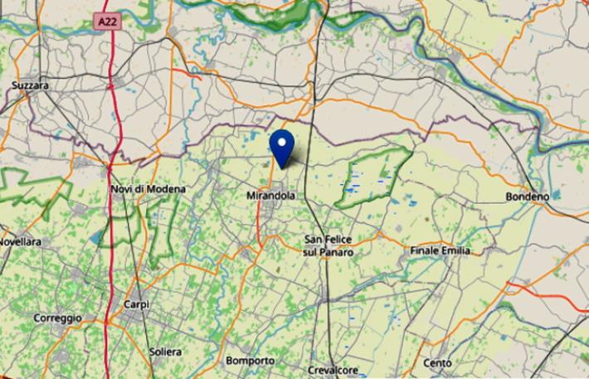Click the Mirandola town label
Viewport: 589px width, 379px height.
[x=271, y=196]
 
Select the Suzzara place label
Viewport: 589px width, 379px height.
[x=32, y=85]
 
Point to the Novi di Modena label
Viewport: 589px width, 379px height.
[x=148, y=189]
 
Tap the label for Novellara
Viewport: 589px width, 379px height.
[x=20, y=241]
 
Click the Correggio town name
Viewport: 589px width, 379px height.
[x=57, y=318]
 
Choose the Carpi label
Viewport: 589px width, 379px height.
[x=136, y=304]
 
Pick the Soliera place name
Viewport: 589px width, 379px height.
[x=165, y=352]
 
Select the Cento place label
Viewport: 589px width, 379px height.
[x=437, y=362]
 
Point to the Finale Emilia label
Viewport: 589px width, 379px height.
[x=440, y=250]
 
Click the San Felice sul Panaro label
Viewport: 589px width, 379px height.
[x=329, y=245]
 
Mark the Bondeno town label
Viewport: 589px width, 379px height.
[x=528, y=197]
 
